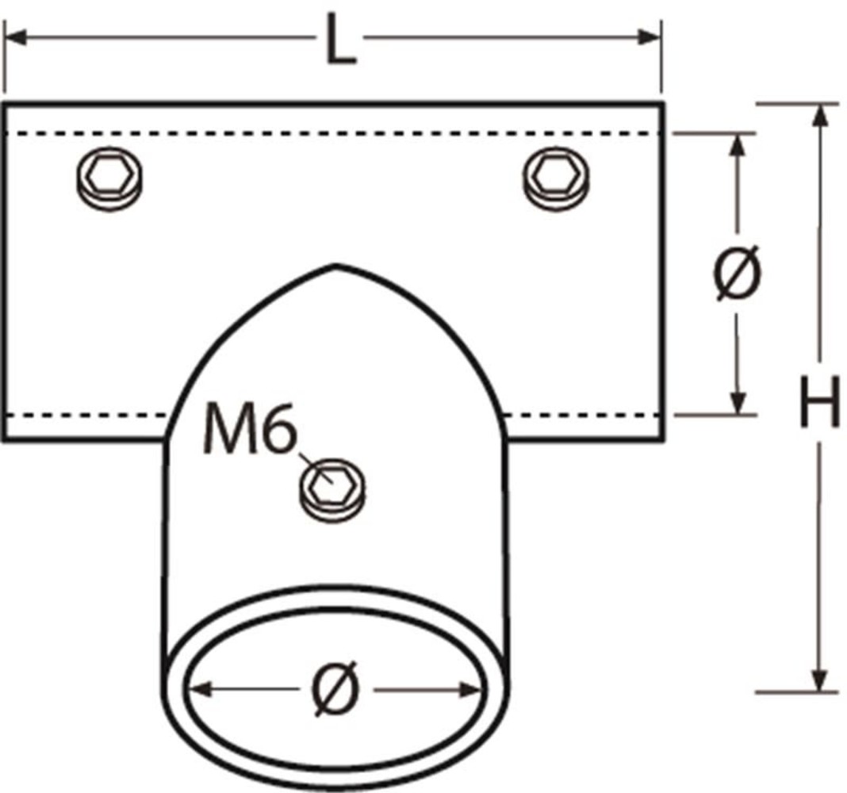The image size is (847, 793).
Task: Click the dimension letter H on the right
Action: click(818, 402)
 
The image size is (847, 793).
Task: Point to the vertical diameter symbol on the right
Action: click(738, 273)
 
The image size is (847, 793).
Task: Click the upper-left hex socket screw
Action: click(111, 179)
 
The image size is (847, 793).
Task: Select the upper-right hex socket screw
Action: click(557, 179)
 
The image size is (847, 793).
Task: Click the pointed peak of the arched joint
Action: click(337, 266)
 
